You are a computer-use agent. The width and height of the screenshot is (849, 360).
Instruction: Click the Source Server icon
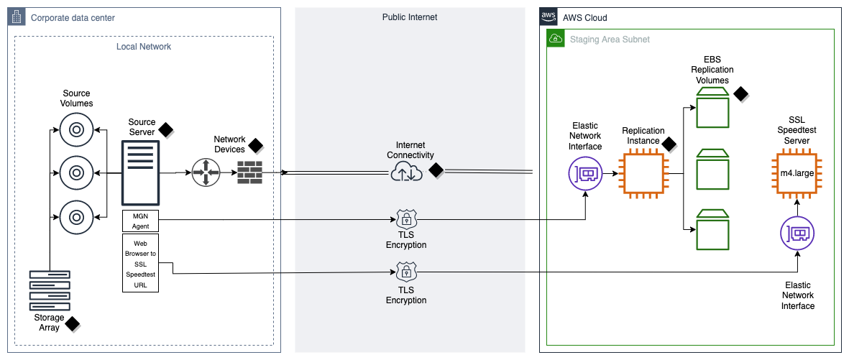pos(140,173)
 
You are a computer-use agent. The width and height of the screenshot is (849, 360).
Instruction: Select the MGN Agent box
pos(140,221)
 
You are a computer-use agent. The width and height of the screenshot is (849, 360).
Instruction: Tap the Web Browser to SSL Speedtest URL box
pos(140,262)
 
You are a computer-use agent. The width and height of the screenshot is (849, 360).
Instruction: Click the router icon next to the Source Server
pos(206,173)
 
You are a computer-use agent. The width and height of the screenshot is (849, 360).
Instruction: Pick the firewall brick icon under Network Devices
pos(249,173)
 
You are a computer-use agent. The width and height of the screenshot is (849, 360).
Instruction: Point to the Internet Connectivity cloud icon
pos(405,172)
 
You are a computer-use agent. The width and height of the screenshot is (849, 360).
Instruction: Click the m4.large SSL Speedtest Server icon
pos(797,173)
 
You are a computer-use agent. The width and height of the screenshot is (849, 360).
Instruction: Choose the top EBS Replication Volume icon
pos(712,109)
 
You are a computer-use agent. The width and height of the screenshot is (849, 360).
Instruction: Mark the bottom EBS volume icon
pos(712,229)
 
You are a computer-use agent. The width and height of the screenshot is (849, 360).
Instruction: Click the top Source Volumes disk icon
pos(75,131)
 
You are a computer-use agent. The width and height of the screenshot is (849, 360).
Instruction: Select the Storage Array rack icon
pos(50,290)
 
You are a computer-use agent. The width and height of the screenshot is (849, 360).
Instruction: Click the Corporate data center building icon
pos(17,17)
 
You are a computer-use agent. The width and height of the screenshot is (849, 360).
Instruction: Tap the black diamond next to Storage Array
pos(72,324)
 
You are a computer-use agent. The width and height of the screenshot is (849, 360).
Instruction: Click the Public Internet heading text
pos(409,17)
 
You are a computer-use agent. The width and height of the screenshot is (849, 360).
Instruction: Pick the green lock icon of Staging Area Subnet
pos(556,39)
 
